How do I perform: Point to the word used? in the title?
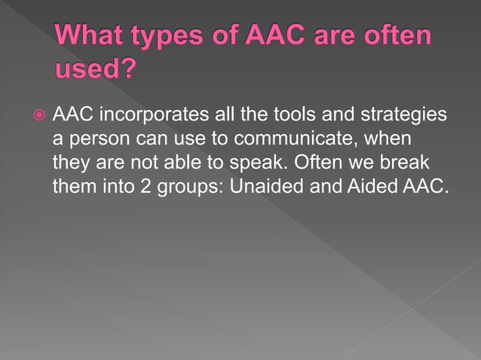click(x=95, y=71)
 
